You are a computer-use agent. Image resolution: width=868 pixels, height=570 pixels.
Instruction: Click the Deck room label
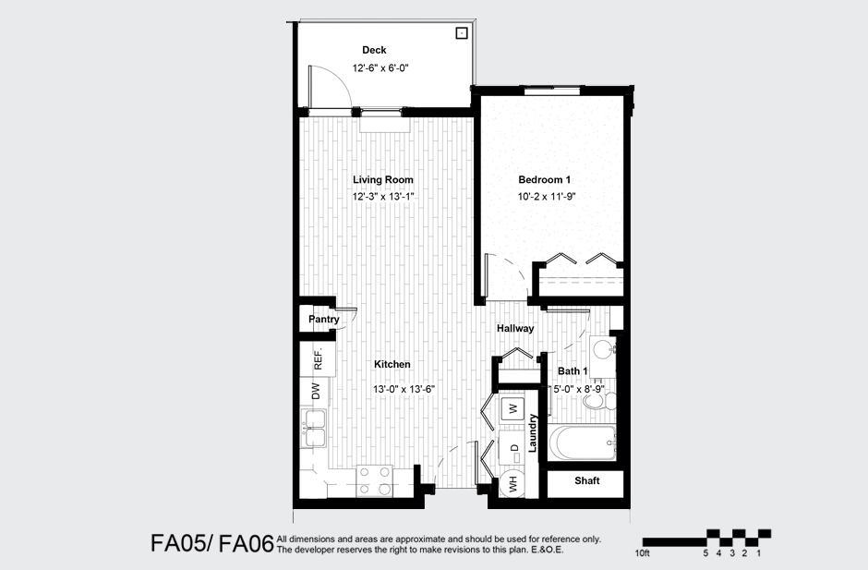pos(374,50)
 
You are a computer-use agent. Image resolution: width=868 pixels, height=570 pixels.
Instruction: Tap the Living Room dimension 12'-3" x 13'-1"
pos(382,197)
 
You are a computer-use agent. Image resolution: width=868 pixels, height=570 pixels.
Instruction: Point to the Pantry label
pos(323,320)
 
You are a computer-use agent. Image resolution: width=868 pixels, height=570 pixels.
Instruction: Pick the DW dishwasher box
pos(315,393)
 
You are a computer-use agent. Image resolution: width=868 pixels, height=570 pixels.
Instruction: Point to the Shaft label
pos(587,481)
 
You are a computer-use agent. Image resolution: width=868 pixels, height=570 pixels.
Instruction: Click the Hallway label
pos(515,328)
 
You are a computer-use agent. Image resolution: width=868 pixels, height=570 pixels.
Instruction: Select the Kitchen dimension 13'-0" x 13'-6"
pos(404,390)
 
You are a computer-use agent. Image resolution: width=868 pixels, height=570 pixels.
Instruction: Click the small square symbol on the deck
pos(461,34)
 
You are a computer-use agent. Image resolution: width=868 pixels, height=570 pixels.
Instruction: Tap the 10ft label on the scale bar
pos(644,553)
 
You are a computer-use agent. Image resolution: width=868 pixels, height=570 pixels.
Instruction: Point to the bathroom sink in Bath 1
pos(602,349)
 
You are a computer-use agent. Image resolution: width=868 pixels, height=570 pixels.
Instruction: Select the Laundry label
pos(533,433)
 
